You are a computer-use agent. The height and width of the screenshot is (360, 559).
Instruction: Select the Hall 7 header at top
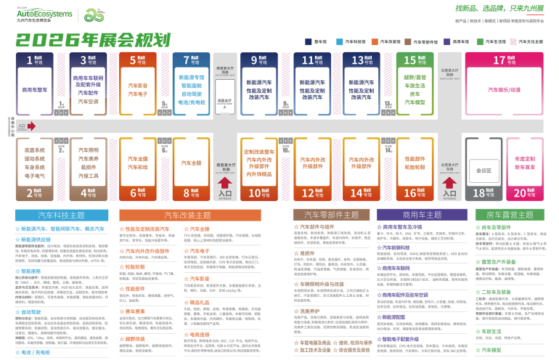[191, 60]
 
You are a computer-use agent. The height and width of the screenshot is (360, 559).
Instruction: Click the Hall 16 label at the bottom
[414, 193]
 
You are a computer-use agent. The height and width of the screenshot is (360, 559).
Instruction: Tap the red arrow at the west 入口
[30, 126]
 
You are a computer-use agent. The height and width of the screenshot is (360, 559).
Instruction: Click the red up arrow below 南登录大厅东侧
[225, 182]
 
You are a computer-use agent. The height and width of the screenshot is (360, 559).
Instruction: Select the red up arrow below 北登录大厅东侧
[449, 182]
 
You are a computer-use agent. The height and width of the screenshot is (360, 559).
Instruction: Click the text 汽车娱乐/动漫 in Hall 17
[504, 90]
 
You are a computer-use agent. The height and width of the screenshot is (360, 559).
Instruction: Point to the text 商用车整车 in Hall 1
[35, 90]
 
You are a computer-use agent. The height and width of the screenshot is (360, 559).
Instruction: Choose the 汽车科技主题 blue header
[61, 216]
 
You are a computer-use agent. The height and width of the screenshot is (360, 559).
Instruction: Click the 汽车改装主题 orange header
[187, 216]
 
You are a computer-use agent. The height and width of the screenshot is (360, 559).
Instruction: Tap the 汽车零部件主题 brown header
[331, 215]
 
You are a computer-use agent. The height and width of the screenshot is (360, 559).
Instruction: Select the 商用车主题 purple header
[422, 215]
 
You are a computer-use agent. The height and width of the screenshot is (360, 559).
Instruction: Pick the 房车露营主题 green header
[509, 215]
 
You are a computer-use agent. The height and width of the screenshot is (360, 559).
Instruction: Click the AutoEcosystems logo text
[44, 13]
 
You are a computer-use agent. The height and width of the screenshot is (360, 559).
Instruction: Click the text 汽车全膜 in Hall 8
[191, 163]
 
